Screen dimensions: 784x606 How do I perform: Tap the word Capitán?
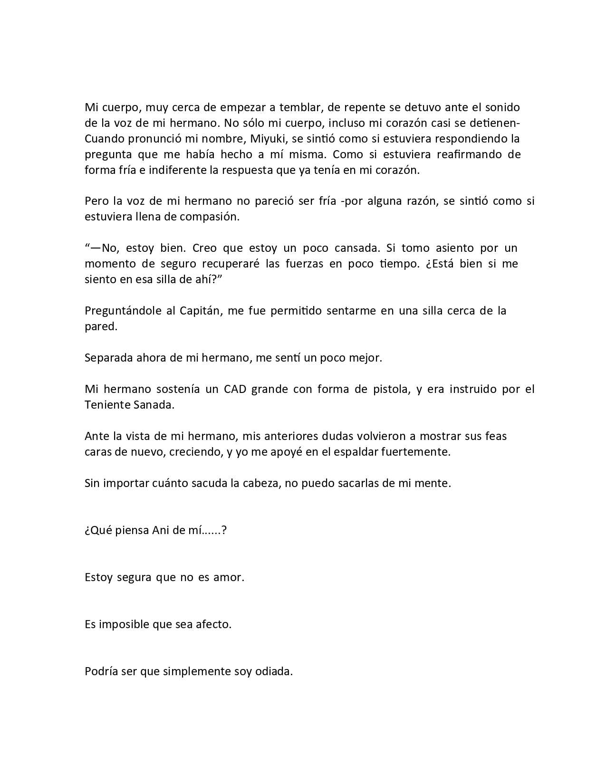pyautogui.click(x=202, y=311)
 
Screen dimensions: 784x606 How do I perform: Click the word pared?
pyautogui.click(x=100, y=327)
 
